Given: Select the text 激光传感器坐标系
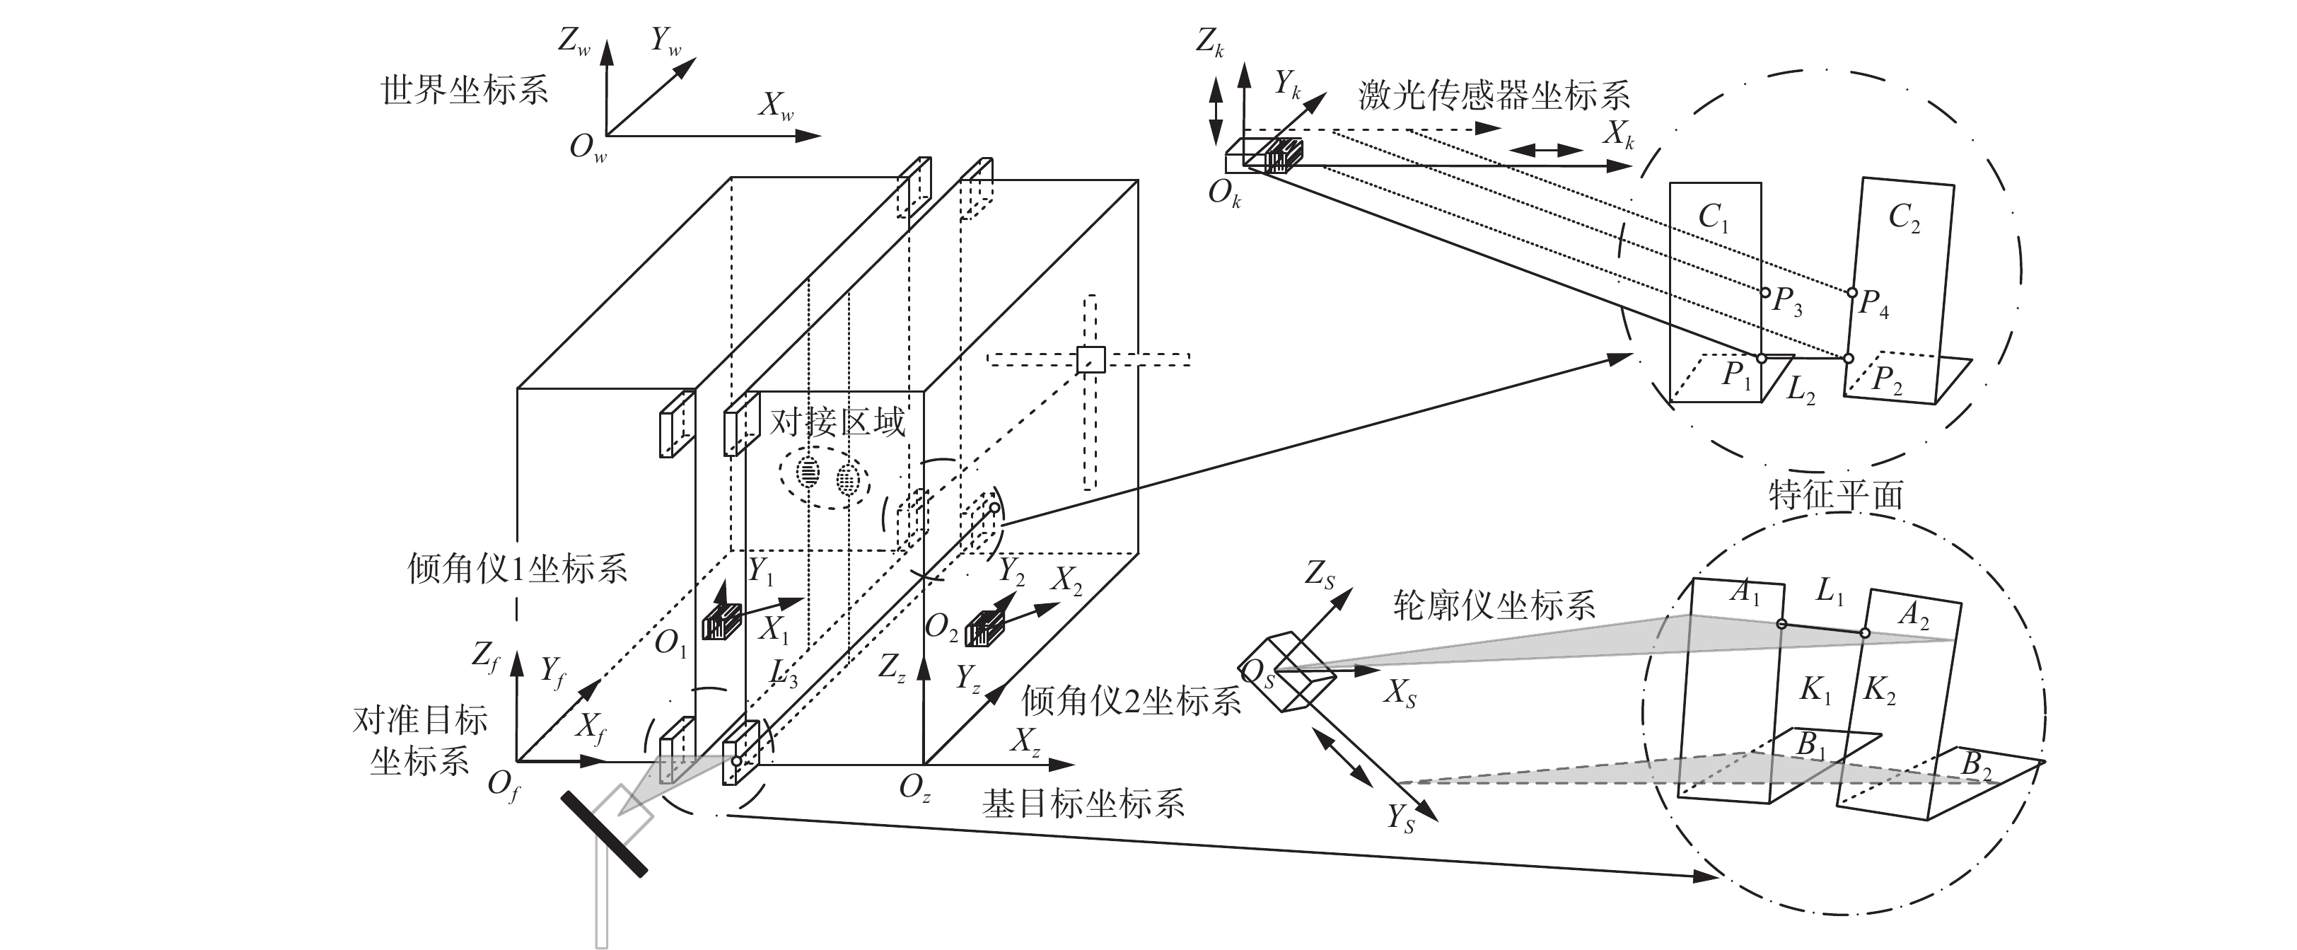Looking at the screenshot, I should (x=1494, y=95).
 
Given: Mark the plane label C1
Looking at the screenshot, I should (x=1713, y=216).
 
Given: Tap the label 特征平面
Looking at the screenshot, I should (x=1836, y=495).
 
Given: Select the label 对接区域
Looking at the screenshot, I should (x=837, y=421).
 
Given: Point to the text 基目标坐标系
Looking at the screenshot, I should (x=1083, y=804).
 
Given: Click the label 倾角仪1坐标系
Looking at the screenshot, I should (x=517, y=568).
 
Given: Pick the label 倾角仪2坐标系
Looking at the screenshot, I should (x=1132, y=702).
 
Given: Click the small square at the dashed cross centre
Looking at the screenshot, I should (x=1090, y=359).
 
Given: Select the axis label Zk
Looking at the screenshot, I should (x=1210, y=42).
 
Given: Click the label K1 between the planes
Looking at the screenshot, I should (x=1815, y=690).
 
